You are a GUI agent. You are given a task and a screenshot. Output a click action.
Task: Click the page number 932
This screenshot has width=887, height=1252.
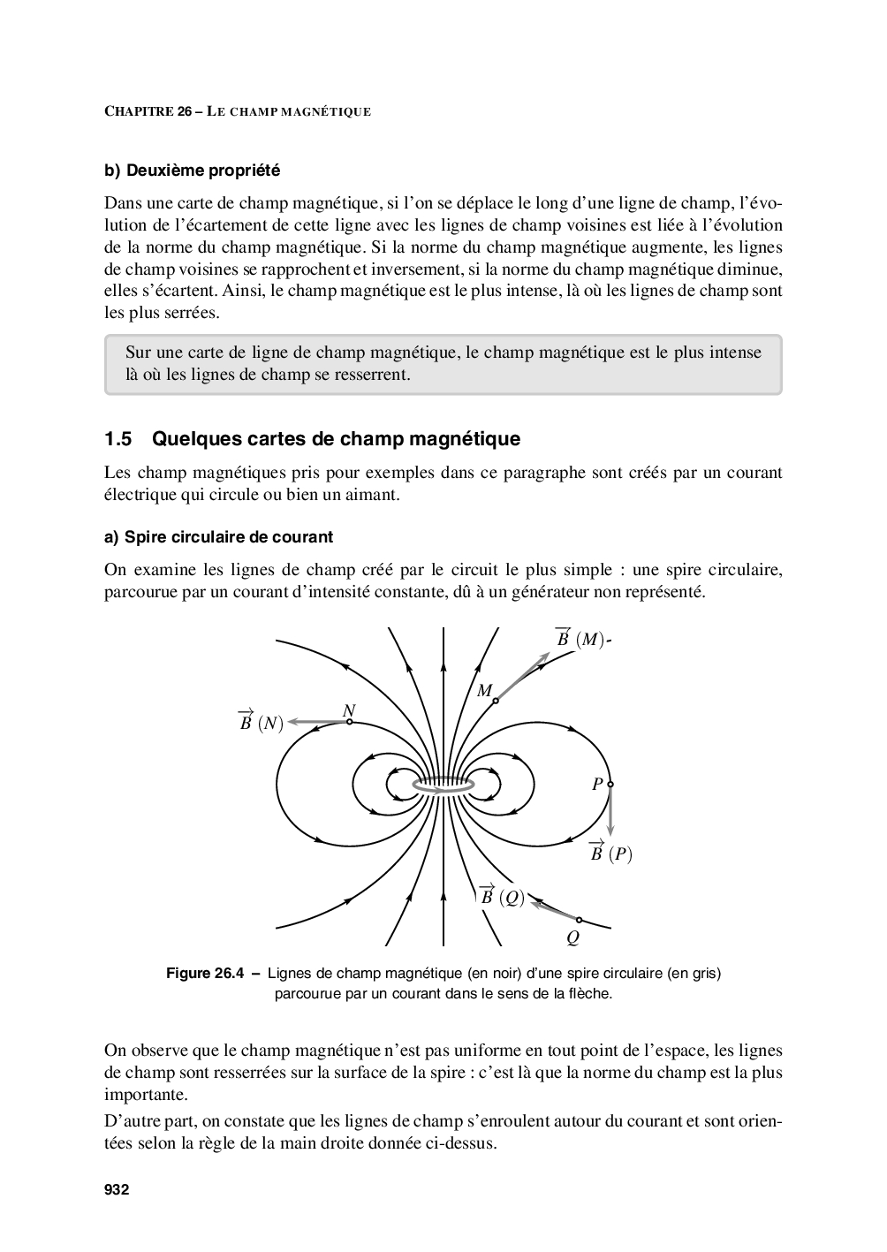click(x=117, y=1190)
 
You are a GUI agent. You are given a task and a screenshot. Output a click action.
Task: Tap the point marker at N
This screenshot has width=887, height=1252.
click(x=350, y=722)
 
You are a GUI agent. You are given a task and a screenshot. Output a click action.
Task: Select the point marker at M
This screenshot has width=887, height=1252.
click(x=496, y=701)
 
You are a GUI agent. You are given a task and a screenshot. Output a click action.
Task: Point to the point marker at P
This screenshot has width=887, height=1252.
click(x=610, y=784)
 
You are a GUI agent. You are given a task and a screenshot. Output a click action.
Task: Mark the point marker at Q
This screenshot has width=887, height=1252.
click(x=580, y=920)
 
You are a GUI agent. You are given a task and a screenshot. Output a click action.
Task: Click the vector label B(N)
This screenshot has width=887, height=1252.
click(x=260, y=723)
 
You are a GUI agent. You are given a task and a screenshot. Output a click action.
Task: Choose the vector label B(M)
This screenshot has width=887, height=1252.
click(x=580, y=639)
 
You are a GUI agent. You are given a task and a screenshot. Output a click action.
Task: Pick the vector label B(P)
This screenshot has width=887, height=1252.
click(x=610, y=854)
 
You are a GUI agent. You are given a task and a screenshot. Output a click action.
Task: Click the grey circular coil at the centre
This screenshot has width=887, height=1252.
click(x=443, y=784)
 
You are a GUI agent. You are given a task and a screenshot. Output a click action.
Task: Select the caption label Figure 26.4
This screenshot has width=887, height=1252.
click(x=204, y=974)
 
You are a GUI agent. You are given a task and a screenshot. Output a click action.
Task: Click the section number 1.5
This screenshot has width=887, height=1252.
click(x=118, y=439)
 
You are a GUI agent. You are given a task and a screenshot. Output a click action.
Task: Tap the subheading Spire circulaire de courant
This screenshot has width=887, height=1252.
click(x=229, y=537)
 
